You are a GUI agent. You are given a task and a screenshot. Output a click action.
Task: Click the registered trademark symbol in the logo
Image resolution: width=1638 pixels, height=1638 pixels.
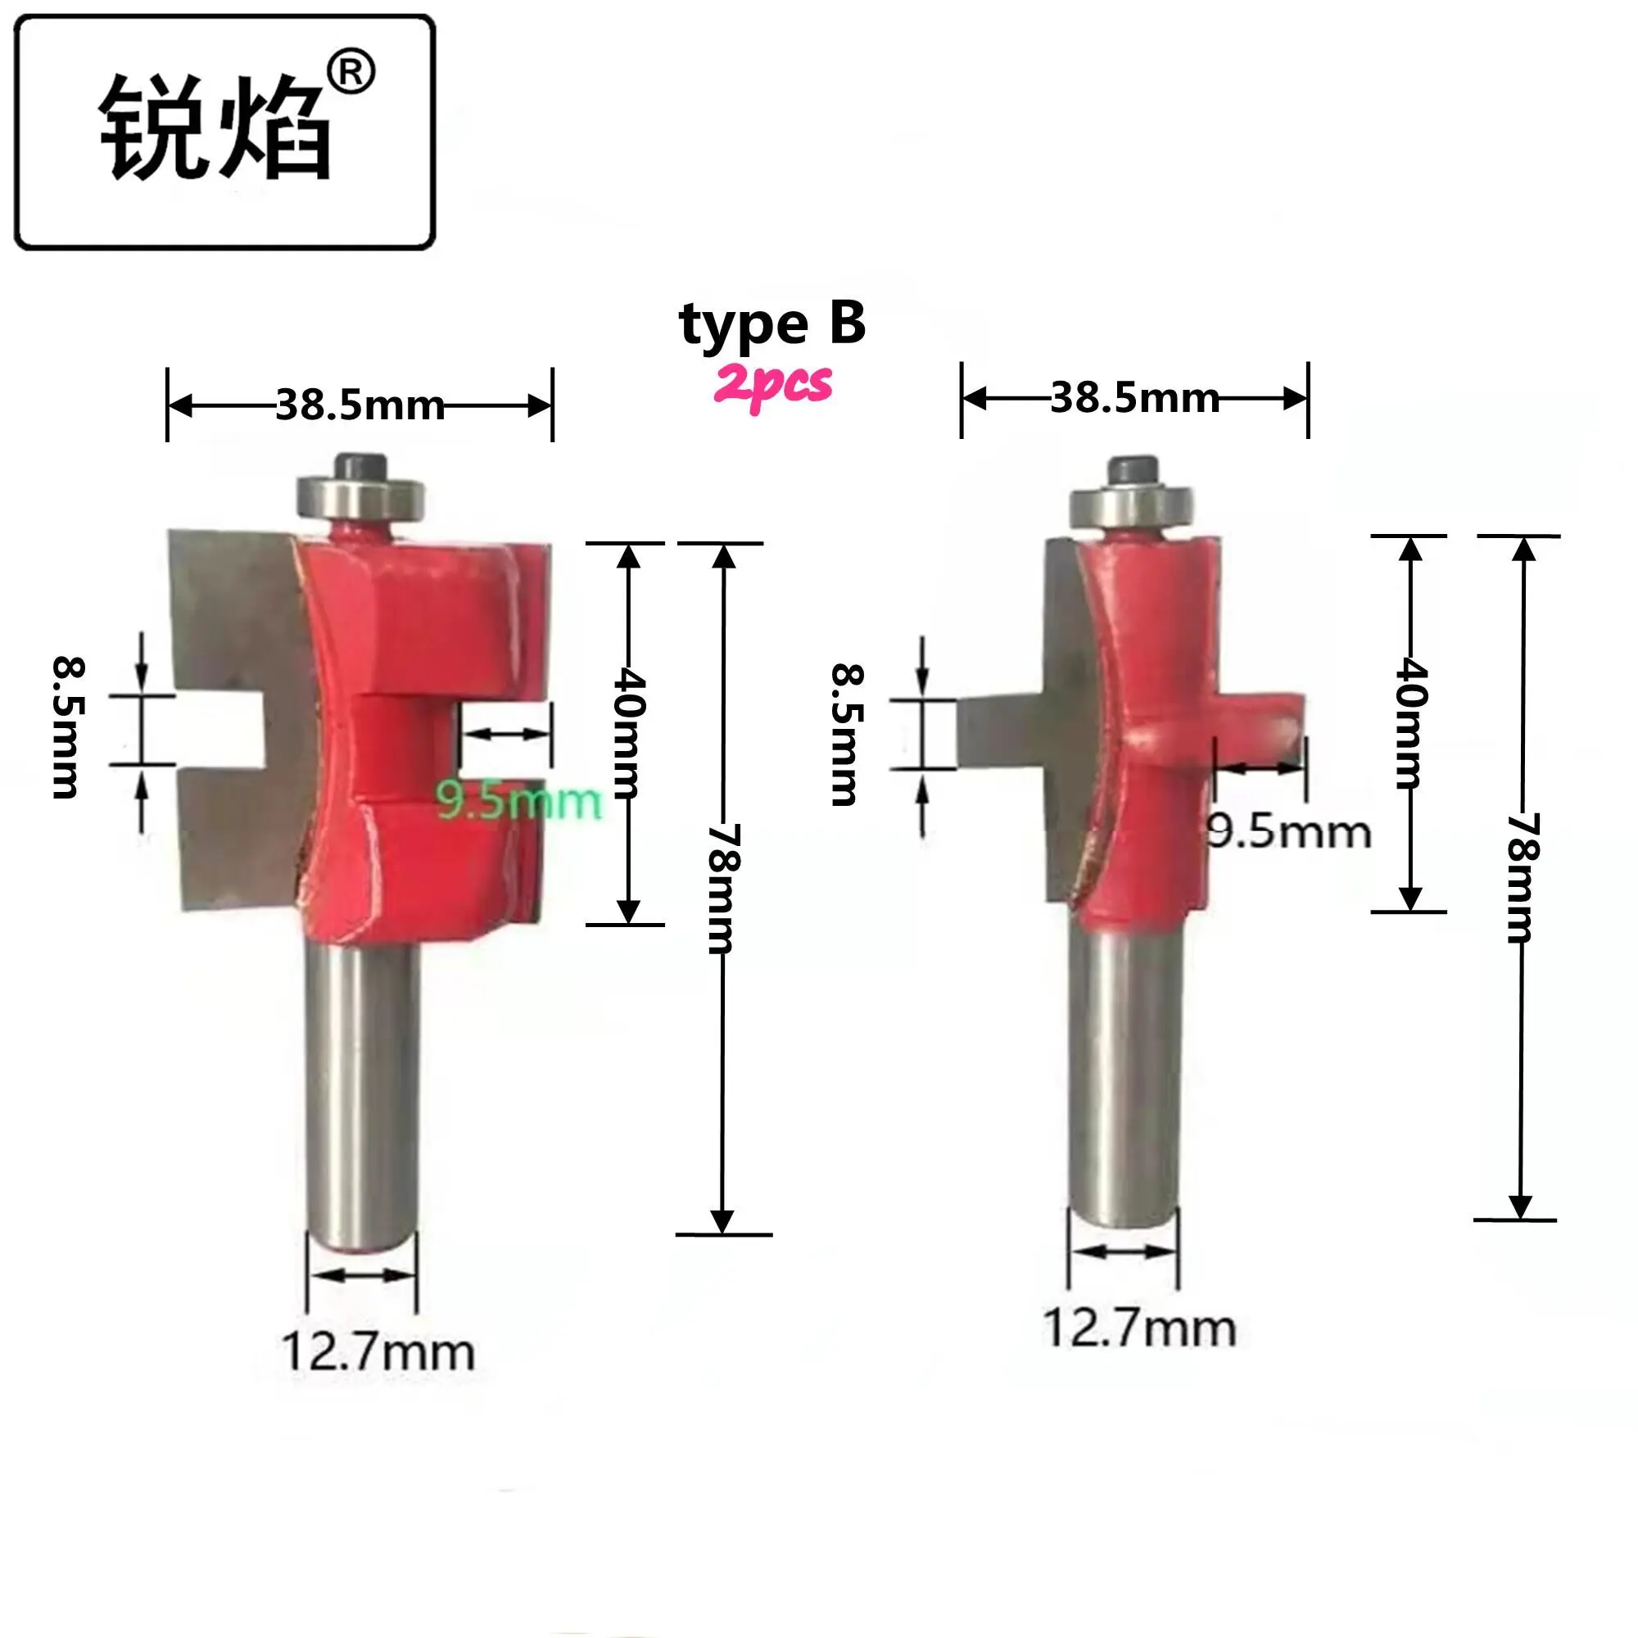point(351,74)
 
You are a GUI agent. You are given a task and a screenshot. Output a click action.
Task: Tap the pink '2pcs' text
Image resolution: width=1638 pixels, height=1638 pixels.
point(772,385)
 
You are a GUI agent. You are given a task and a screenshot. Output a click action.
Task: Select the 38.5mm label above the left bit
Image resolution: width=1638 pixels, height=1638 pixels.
point(360,405)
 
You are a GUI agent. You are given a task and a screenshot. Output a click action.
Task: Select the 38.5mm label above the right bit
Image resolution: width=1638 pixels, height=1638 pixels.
point(1134,399)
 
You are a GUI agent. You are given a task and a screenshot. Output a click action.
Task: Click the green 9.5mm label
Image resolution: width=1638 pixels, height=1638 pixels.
point(519,800)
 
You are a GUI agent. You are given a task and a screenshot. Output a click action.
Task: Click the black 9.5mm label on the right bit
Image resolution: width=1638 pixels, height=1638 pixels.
point(1287,832)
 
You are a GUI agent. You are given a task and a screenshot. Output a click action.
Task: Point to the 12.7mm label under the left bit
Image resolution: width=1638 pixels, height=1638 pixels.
point(378,1352)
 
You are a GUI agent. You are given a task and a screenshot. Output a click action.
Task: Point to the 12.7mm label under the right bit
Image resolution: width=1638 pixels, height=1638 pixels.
point(1138,1328)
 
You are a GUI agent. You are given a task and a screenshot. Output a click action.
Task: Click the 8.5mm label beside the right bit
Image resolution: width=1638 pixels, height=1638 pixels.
point(845,735)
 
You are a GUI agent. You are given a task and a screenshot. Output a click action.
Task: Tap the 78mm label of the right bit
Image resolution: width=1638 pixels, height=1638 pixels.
point(1523,878)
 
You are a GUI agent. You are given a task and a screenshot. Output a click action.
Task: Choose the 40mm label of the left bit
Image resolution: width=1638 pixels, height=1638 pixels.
point(629,733)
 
